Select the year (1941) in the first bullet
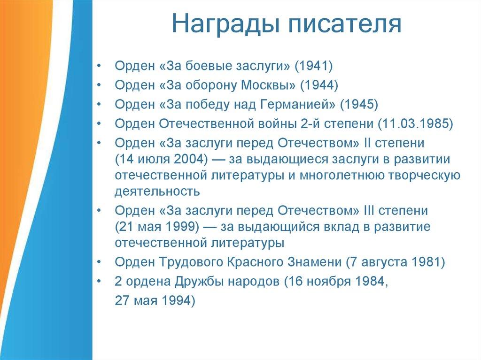point(314,66)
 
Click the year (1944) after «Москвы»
point(319,85)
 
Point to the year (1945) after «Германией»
point(359,104)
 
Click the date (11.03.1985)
point(415,123)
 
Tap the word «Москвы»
point(267,85)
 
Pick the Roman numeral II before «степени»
point(367,143)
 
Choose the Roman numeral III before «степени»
point(369,211)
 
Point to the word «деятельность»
point(157,191)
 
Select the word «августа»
point(382,263)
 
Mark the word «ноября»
point(326,282)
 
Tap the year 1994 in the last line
point(175,300)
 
